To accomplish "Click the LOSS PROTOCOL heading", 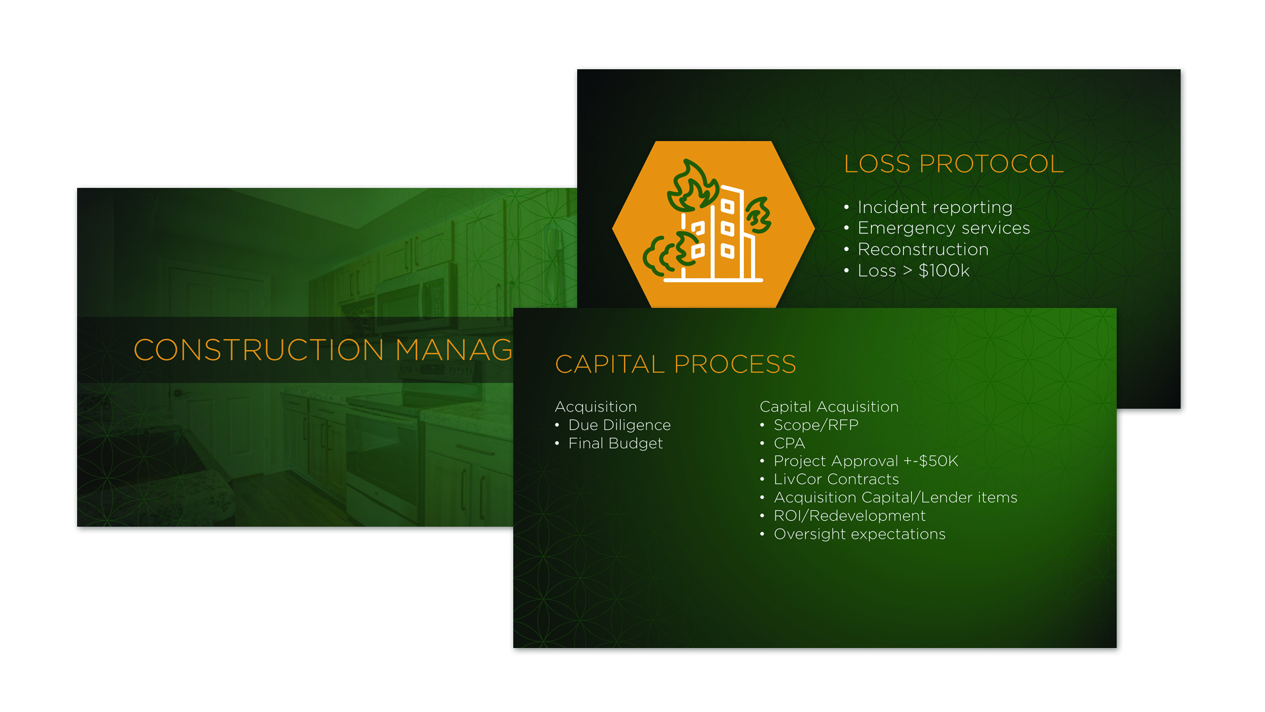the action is [x=953, y=163].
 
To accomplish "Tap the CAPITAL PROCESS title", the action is [x=675, y=364].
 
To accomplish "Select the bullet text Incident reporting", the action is [x=935, y=208].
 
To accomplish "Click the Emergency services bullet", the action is [x=943, y=228].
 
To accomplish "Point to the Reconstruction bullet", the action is [x=923, y=249].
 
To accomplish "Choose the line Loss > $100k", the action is [x=913, y=270].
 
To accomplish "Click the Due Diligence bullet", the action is [x=619, y=425].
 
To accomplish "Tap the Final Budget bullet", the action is [x=615, y=444].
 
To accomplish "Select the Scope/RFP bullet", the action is [x=816, y=425].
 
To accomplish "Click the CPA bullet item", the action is [x=789, y=443].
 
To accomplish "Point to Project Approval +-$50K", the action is [x=866, y=461].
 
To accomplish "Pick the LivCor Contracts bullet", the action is [x=836, y=479].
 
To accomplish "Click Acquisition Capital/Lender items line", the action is [x=895, y=498].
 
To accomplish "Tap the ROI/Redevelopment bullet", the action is [x=849, y=516].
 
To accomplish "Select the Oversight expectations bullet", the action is [x=859, y=534].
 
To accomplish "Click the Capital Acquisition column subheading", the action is [x=829, y=407].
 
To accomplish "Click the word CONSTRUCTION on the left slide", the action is [x=258, y=350].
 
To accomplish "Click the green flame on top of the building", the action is [x=692, y=187].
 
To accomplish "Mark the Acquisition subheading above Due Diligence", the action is [x=596, y=407].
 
